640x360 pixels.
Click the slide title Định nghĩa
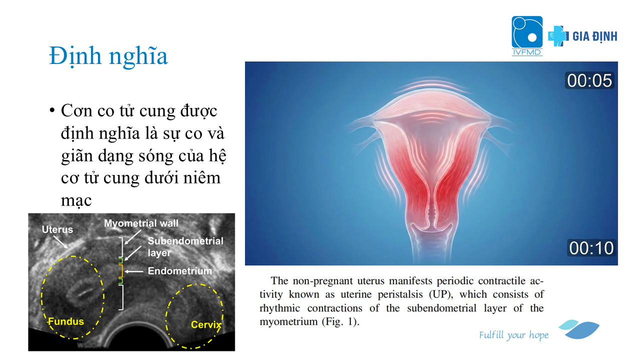coord(108,56)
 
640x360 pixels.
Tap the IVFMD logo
coord(527,35)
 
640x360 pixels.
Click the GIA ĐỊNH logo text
coord(594,36)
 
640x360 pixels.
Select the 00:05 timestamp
coord(589,80)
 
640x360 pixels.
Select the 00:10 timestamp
coord(591,247)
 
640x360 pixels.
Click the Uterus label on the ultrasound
coord(57,229)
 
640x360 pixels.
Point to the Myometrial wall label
coord(141,223)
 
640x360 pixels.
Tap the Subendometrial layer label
coord(185,247)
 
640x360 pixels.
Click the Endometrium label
coord(179,271)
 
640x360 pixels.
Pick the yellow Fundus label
coord(66,321)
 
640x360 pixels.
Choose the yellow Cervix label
coord(206,324)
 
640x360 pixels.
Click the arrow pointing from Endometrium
coord(133,271)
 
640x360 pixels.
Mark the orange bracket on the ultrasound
coord(121,271)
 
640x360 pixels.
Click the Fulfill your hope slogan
coord(513,335)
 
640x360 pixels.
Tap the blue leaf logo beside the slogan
coord(579,329)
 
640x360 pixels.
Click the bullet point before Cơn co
coord(51,110)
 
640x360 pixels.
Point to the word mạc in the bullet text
coord(76,200)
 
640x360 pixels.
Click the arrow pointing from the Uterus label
coord(60,242)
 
